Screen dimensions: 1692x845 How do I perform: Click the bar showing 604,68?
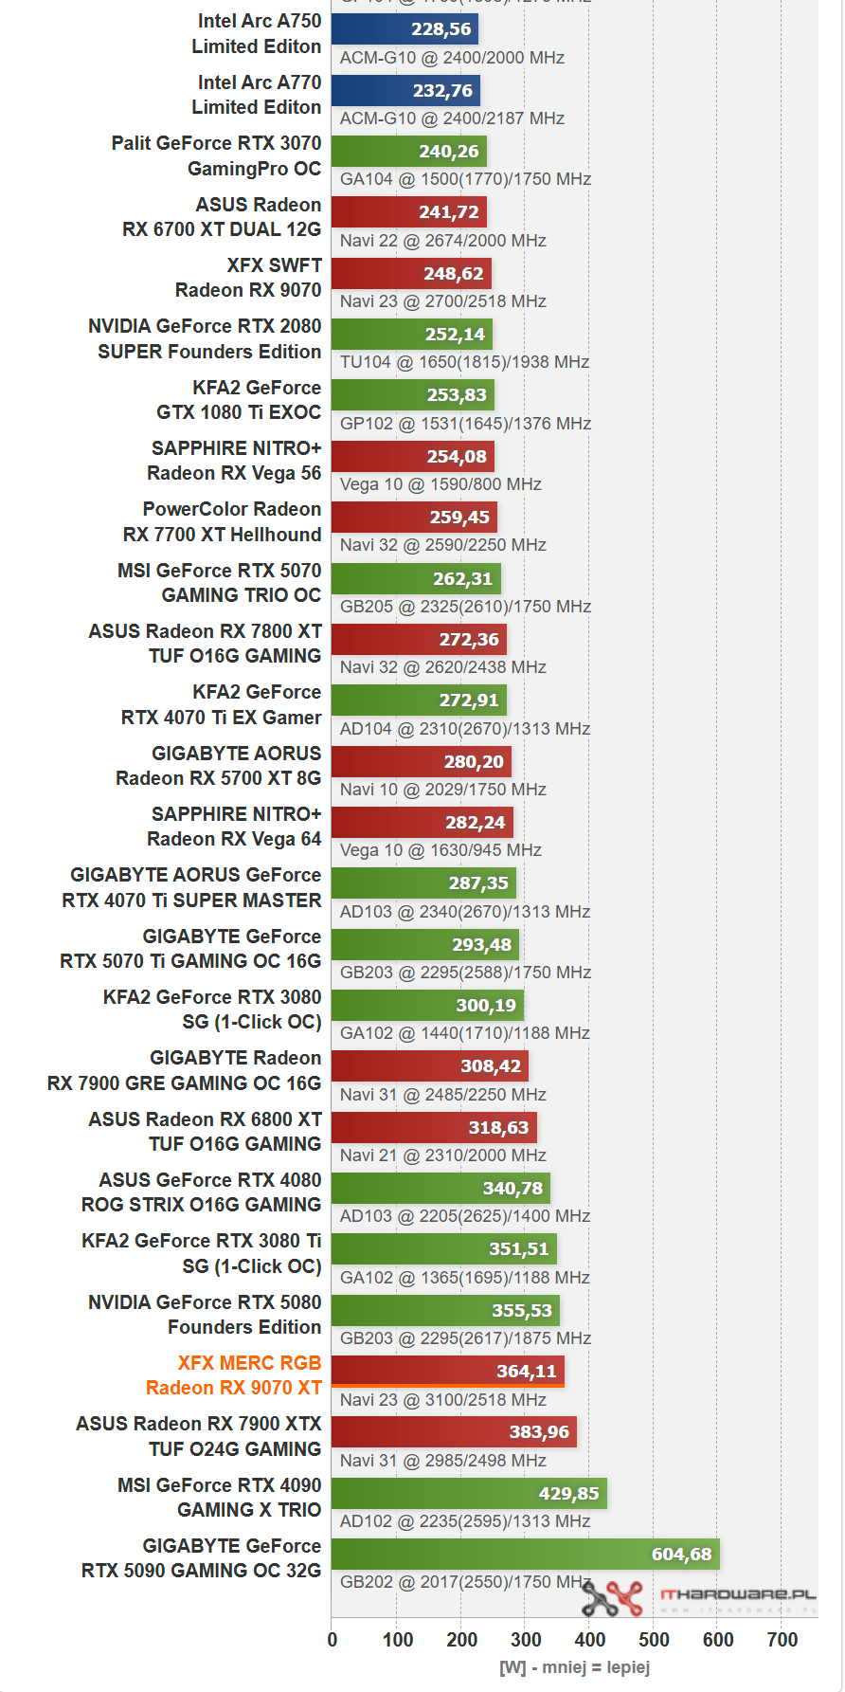pos(526,1554)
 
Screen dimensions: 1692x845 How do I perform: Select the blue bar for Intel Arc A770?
pos(405,91)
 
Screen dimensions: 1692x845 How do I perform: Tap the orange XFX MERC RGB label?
pos(234,1375)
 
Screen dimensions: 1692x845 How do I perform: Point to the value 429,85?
pos(568,1493)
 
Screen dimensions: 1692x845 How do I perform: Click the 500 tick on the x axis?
pos(654,1640)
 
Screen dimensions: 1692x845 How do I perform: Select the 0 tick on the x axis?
pos(333,1640)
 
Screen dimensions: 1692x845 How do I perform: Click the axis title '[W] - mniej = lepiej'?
pos(574,1666)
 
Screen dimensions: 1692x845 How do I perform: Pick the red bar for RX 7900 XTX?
pos(454,1431)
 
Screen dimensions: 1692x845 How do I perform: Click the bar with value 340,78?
pos(440,1188)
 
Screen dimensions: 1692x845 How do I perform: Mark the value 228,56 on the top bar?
pos(440,29)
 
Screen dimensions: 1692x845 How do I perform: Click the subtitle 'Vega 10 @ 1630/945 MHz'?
pos(440,850)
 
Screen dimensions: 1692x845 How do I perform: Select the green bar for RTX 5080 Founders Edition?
pos(445,1310)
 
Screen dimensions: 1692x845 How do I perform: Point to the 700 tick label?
pos(782,1640)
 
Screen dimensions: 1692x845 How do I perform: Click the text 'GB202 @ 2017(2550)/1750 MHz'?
pos(465,1582)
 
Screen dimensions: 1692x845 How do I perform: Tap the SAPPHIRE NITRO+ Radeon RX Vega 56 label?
pos(234,461)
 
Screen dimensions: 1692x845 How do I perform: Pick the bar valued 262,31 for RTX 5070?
pos(416,578)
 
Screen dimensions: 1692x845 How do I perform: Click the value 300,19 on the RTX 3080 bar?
pos(485,1005)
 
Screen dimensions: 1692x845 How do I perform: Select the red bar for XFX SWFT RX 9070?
pos(411,274)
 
